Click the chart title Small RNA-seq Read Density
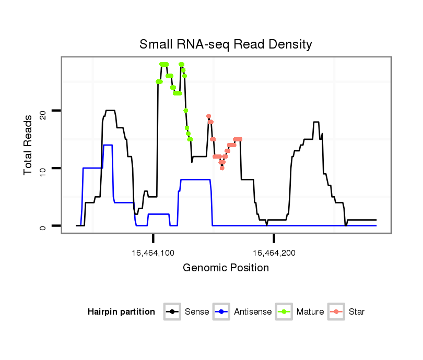point(226,44)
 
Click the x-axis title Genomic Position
point(226,268)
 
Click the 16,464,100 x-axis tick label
point(153,253)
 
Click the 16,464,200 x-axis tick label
point(274,253)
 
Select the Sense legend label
point(197,312)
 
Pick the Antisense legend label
point(253,312)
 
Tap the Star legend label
point(357,312)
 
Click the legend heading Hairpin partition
point(121,312)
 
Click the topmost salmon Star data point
point(208,116)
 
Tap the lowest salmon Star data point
point(222,168)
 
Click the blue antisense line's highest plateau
point(108,145)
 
